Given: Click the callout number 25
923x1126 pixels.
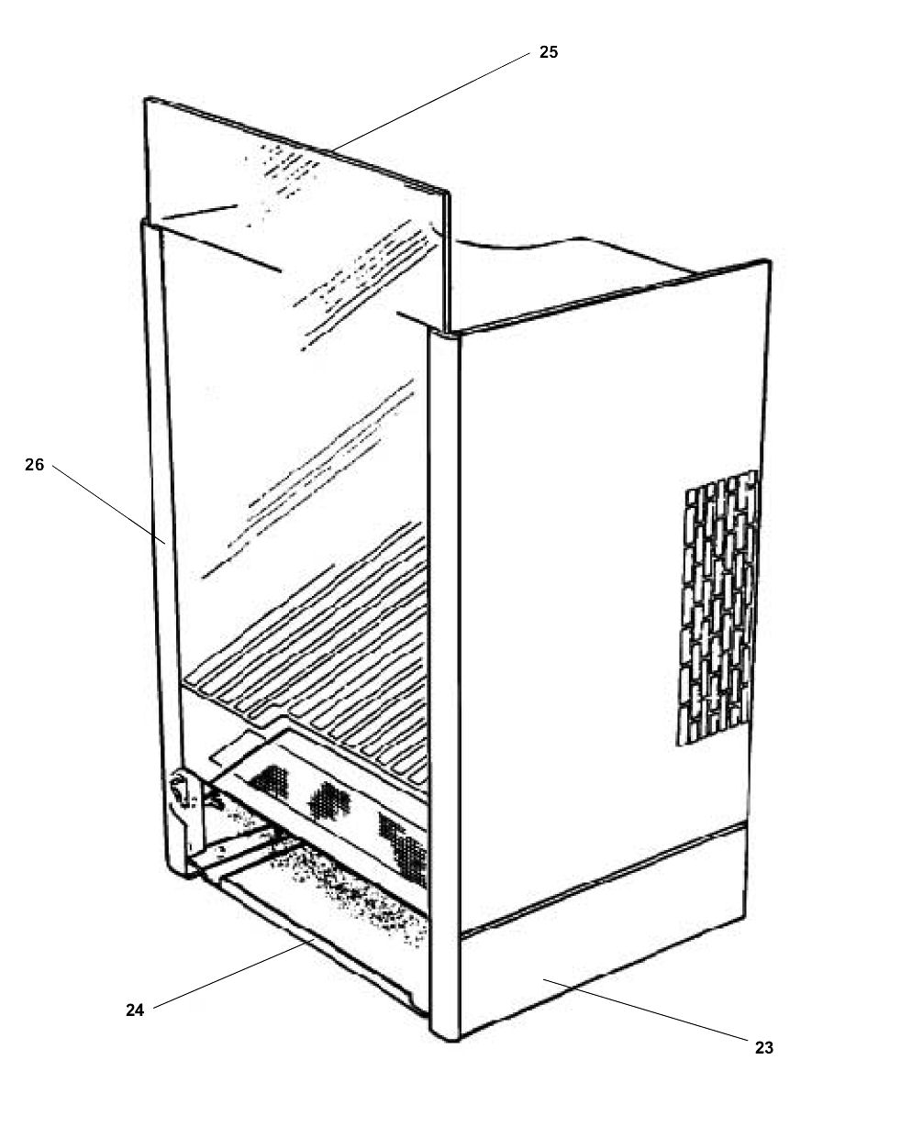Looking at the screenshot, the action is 548,52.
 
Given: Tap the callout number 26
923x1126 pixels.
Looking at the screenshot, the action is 34,465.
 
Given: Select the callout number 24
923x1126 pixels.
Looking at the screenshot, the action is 135,1010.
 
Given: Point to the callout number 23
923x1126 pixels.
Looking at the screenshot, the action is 764,1047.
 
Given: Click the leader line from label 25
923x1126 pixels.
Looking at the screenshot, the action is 431,101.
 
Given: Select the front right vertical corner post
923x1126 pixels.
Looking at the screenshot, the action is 444,688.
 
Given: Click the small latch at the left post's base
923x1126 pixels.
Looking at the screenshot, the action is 180,790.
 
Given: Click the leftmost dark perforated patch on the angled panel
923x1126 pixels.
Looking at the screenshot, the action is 270,781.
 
